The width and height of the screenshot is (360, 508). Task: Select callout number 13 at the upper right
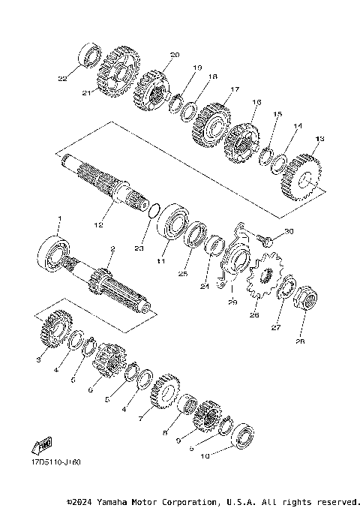pos(320,139)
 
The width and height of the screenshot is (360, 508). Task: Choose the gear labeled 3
pos(55,328)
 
